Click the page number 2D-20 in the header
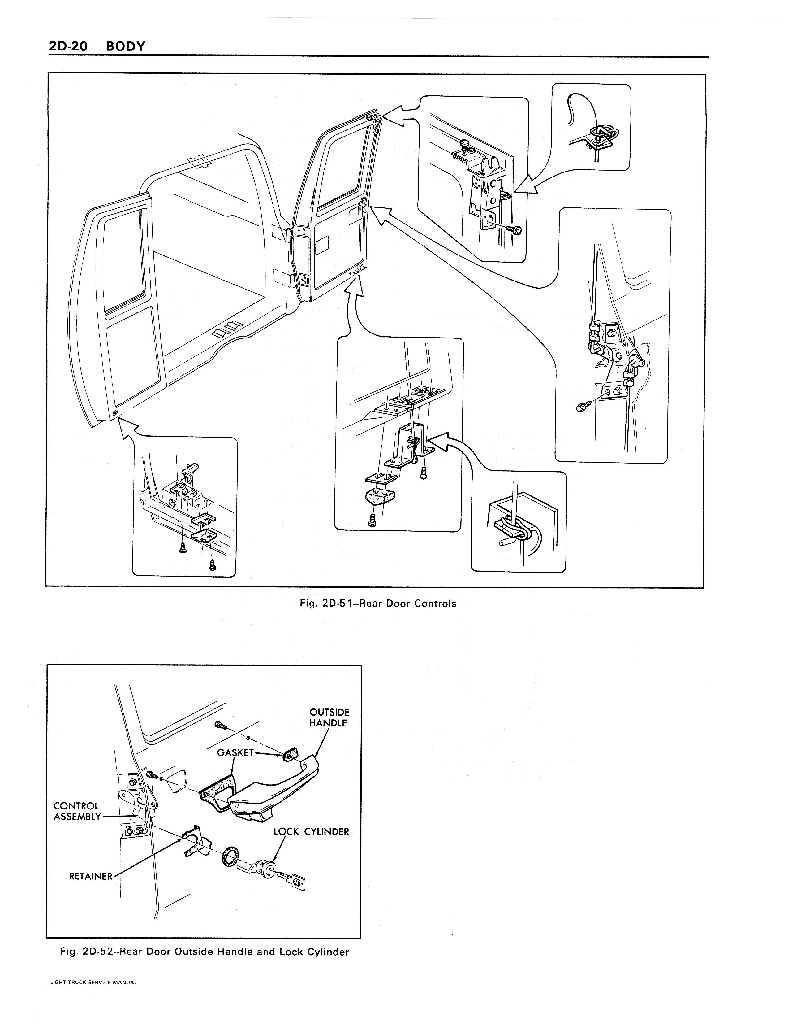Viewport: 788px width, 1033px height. click(68, 46)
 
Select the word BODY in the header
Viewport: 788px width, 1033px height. click(126, 46)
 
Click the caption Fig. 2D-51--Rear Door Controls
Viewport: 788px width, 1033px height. click(377, 604)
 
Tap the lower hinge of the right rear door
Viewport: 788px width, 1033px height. click(304, 280)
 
